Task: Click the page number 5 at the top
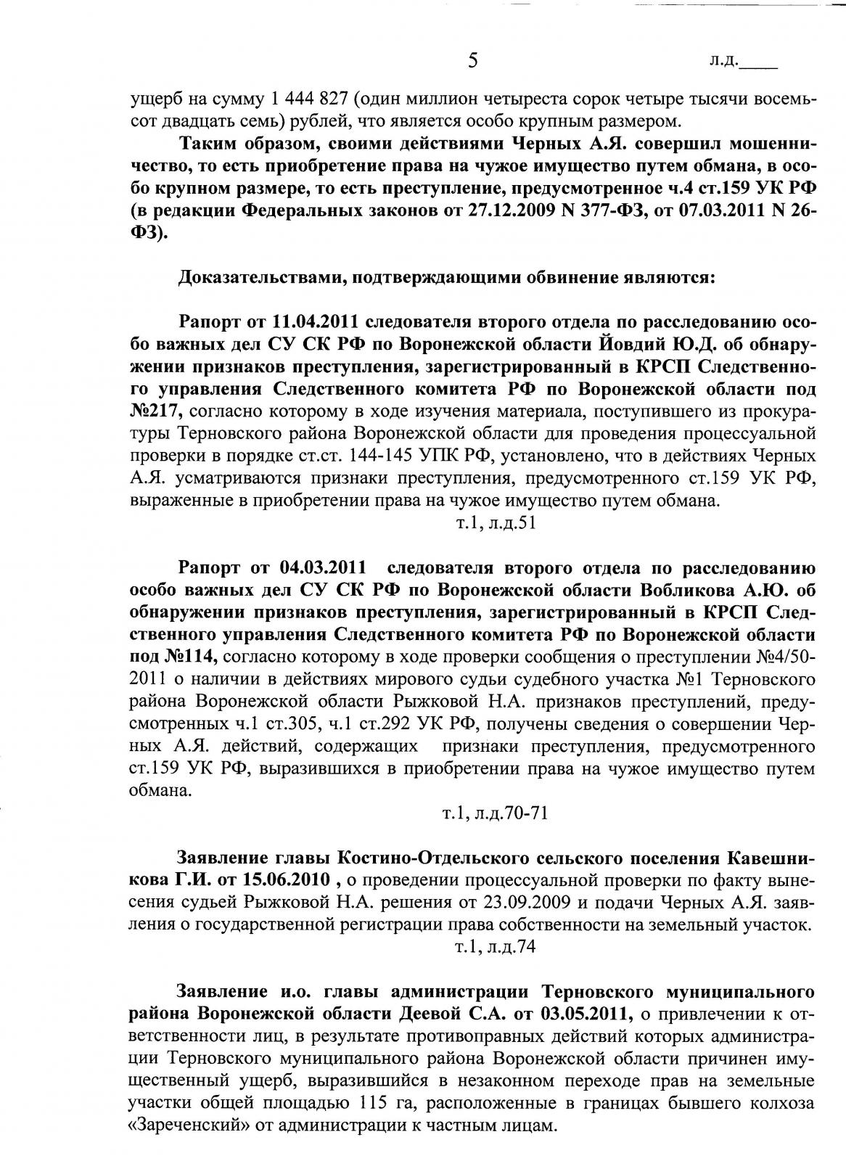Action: coord(472,60)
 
